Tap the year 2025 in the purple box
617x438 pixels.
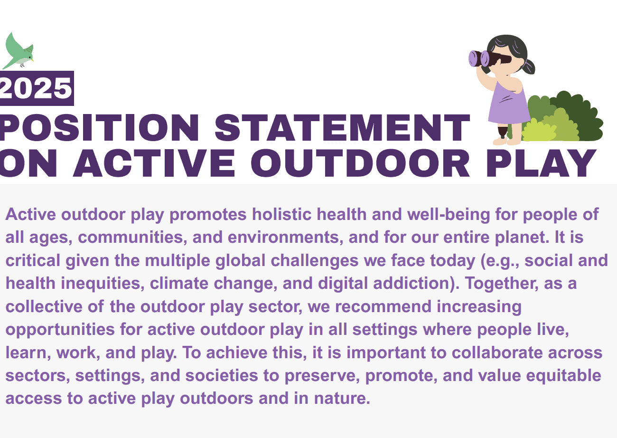[36, 88]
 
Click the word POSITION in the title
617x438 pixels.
[99, 128]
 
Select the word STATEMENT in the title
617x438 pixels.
[342, 128]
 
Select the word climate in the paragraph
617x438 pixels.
[179, 283]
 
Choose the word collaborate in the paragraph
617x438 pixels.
[497, 352]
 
